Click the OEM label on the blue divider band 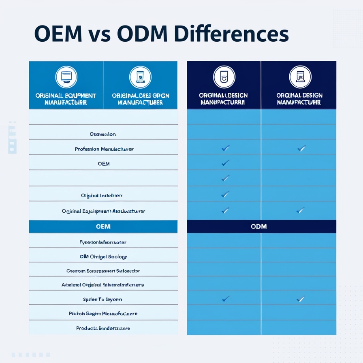103,226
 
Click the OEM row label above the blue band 104,164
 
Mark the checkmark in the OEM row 225,163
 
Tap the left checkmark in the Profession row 225,148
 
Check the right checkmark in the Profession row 301,148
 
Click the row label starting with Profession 104,149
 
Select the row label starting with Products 103,328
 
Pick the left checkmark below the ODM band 225,299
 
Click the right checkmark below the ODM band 300,299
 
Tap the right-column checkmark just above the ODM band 300,210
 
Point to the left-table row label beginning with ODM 103,256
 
